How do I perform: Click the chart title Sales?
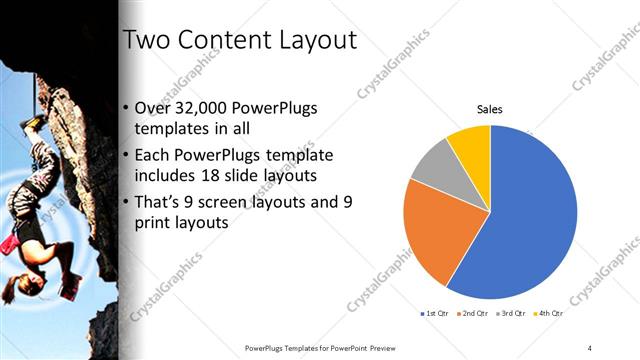pyautogui.click(x=489, y=109)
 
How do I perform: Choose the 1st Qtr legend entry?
pyautogui.click(x=435, y=314)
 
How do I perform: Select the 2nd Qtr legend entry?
pyautogui.click(x=474, y=314)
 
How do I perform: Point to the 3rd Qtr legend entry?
pyautogui.click(x=513, y=314)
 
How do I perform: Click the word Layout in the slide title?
pyautogui.click(x=311, y=41)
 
